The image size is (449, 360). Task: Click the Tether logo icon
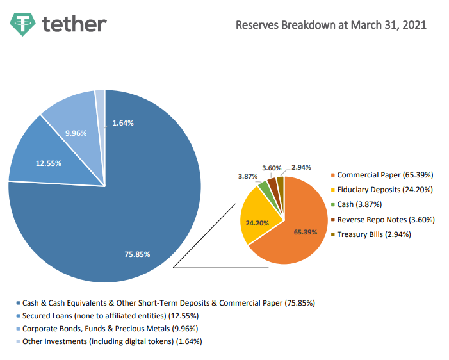click(23, 24)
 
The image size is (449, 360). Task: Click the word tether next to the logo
click(74, 24)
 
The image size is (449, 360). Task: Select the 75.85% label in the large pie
click(137, 254)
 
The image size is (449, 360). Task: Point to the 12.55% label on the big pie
click(49, 163)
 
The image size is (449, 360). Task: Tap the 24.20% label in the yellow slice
click(256, 223)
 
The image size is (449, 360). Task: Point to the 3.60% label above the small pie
click(272, 168)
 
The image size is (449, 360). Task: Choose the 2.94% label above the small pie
click(301, 167)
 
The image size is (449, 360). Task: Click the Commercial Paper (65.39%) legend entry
click(384, 175)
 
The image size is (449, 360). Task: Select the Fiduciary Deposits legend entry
click(385, 190)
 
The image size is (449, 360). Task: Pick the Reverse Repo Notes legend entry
click(386, 219)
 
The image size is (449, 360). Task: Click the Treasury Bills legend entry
click(374, 234)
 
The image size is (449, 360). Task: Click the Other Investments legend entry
click(112, 341)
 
